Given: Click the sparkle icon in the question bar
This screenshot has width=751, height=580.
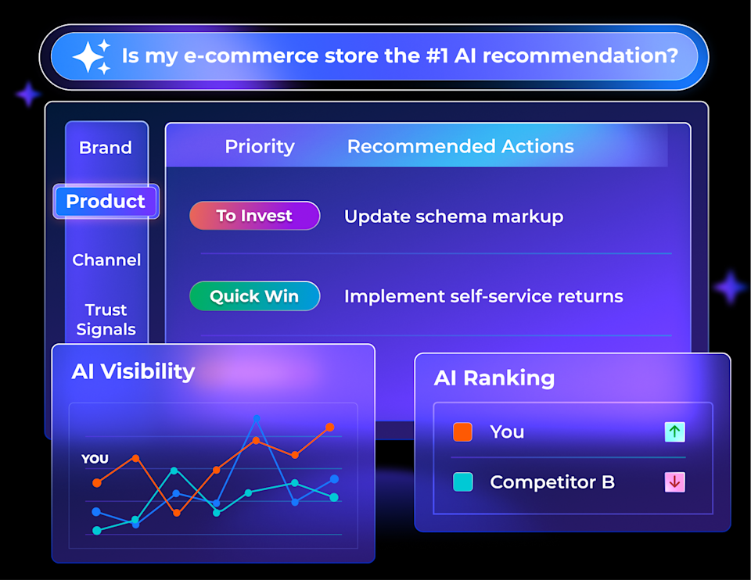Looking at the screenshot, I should tap(92, 56).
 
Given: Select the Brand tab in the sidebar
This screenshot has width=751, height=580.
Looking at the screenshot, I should tap(106, 148).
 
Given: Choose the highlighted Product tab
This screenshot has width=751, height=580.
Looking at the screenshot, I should tap(106, 202).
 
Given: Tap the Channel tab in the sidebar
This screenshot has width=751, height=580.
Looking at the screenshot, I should tap(106, 260).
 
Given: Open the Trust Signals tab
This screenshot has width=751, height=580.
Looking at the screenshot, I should tap(106, 320).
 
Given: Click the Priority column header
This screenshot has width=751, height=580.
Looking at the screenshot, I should tap(260, 147).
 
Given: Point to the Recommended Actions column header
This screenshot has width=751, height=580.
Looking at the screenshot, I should tap(460, 147).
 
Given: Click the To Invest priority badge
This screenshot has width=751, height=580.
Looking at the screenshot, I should tap(254, 216).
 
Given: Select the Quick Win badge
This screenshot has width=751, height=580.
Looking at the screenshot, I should tap(254, 296).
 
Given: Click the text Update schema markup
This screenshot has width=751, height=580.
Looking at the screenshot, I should tap(454, 217).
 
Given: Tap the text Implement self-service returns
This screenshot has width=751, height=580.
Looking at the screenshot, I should tap(483, 297).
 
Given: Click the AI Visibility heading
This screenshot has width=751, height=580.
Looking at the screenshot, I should tap(133, 371).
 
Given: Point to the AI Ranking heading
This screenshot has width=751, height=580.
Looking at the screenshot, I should tap(494, 378).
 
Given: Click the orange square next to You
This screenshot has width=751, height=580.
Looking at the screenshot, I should tap(462, 431).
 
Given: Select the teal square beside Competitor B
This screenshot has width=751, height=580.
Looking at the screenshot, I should tap(462, 482).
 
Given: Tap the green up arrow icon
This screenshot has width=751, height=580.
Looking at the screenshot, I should tap(674, 431).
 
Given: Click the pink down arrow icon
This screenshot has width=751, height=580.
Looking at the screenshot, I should tap(674, 482).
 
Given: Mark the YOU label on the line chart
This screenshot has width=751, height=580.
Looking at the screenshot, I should tap(95, 459).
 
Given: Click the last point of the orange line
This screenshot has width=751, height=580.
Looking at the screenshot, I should tap(330, 428).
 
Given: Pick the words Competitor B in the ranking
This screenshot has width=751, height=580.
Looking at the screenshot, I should tap(552, 482).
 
